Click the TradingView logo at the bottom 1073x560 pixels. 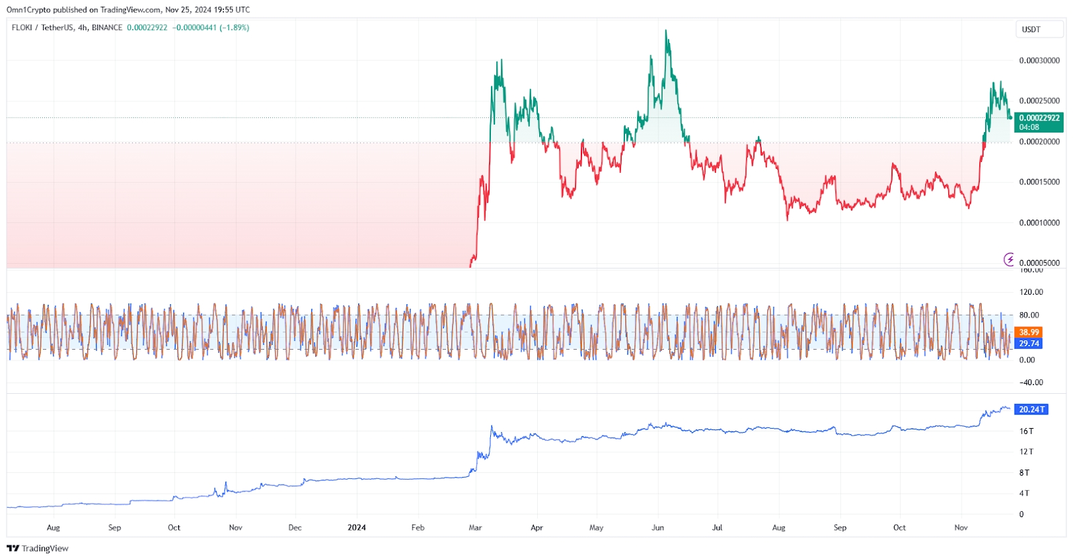38,548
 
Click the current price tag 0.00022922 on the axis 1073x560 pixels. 1039,118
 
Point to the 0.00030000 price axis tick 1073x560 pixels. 1039,61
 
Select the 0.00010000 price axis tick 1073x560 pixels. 1039,223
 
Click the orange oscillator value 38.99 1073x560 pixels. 1029,332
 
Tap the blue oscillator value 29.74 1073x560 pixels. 1029,344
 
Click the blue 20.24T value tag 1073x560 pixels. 1031,409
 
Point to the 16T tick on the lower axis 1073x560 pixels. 1026,431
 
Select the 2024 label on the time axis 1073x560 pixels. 356,528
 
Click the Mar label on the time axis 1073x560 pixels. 475,528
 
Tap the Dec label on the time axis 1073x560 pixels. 294,528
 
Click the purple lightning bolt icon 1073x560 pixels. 1009,259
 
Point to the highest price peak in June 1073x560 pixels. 666,31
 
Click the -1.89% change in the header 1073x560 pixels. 234,27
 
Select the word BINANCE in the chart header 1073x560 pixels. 107,27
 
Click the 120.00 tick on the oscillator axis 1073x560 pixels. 1031,292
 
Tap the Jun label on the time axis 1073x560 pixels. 657,528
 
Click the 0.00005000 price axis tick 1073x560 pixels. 1039,263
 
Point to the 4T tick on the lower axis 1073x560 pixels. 1024,494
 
